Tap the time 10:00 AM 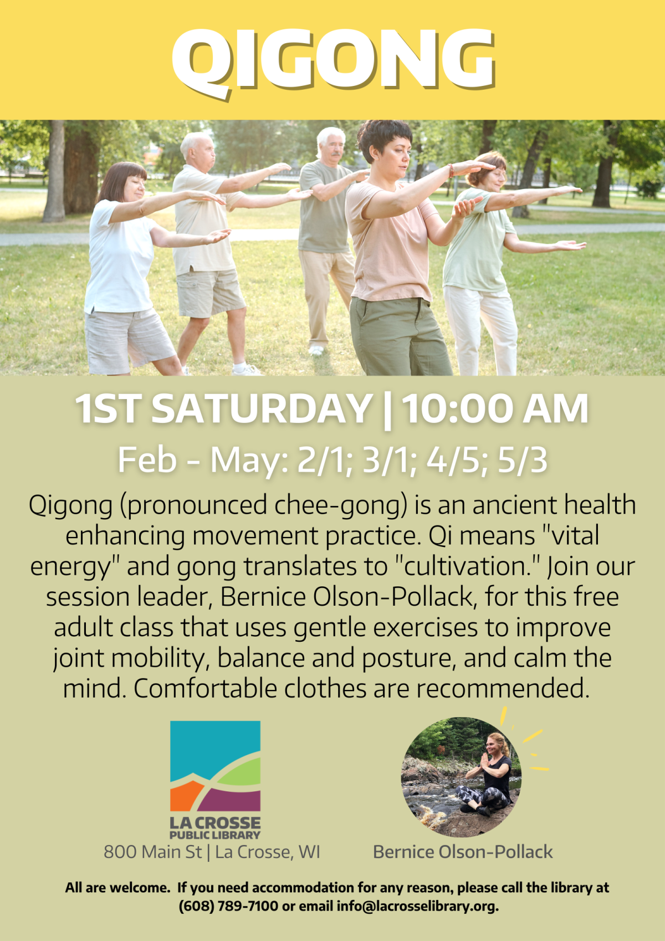pos(495,410)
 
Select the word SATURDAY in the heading pos(262,410)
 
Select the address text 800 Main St pos(152,852)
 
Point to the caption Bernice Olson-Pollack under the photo pos(463,852)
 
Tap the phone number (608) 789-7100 pos(228,906)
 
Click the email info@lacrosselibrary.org pos(417,906)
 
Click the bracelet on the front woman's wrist pos(451,170)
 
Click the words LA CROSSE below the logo pos(215,823)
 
